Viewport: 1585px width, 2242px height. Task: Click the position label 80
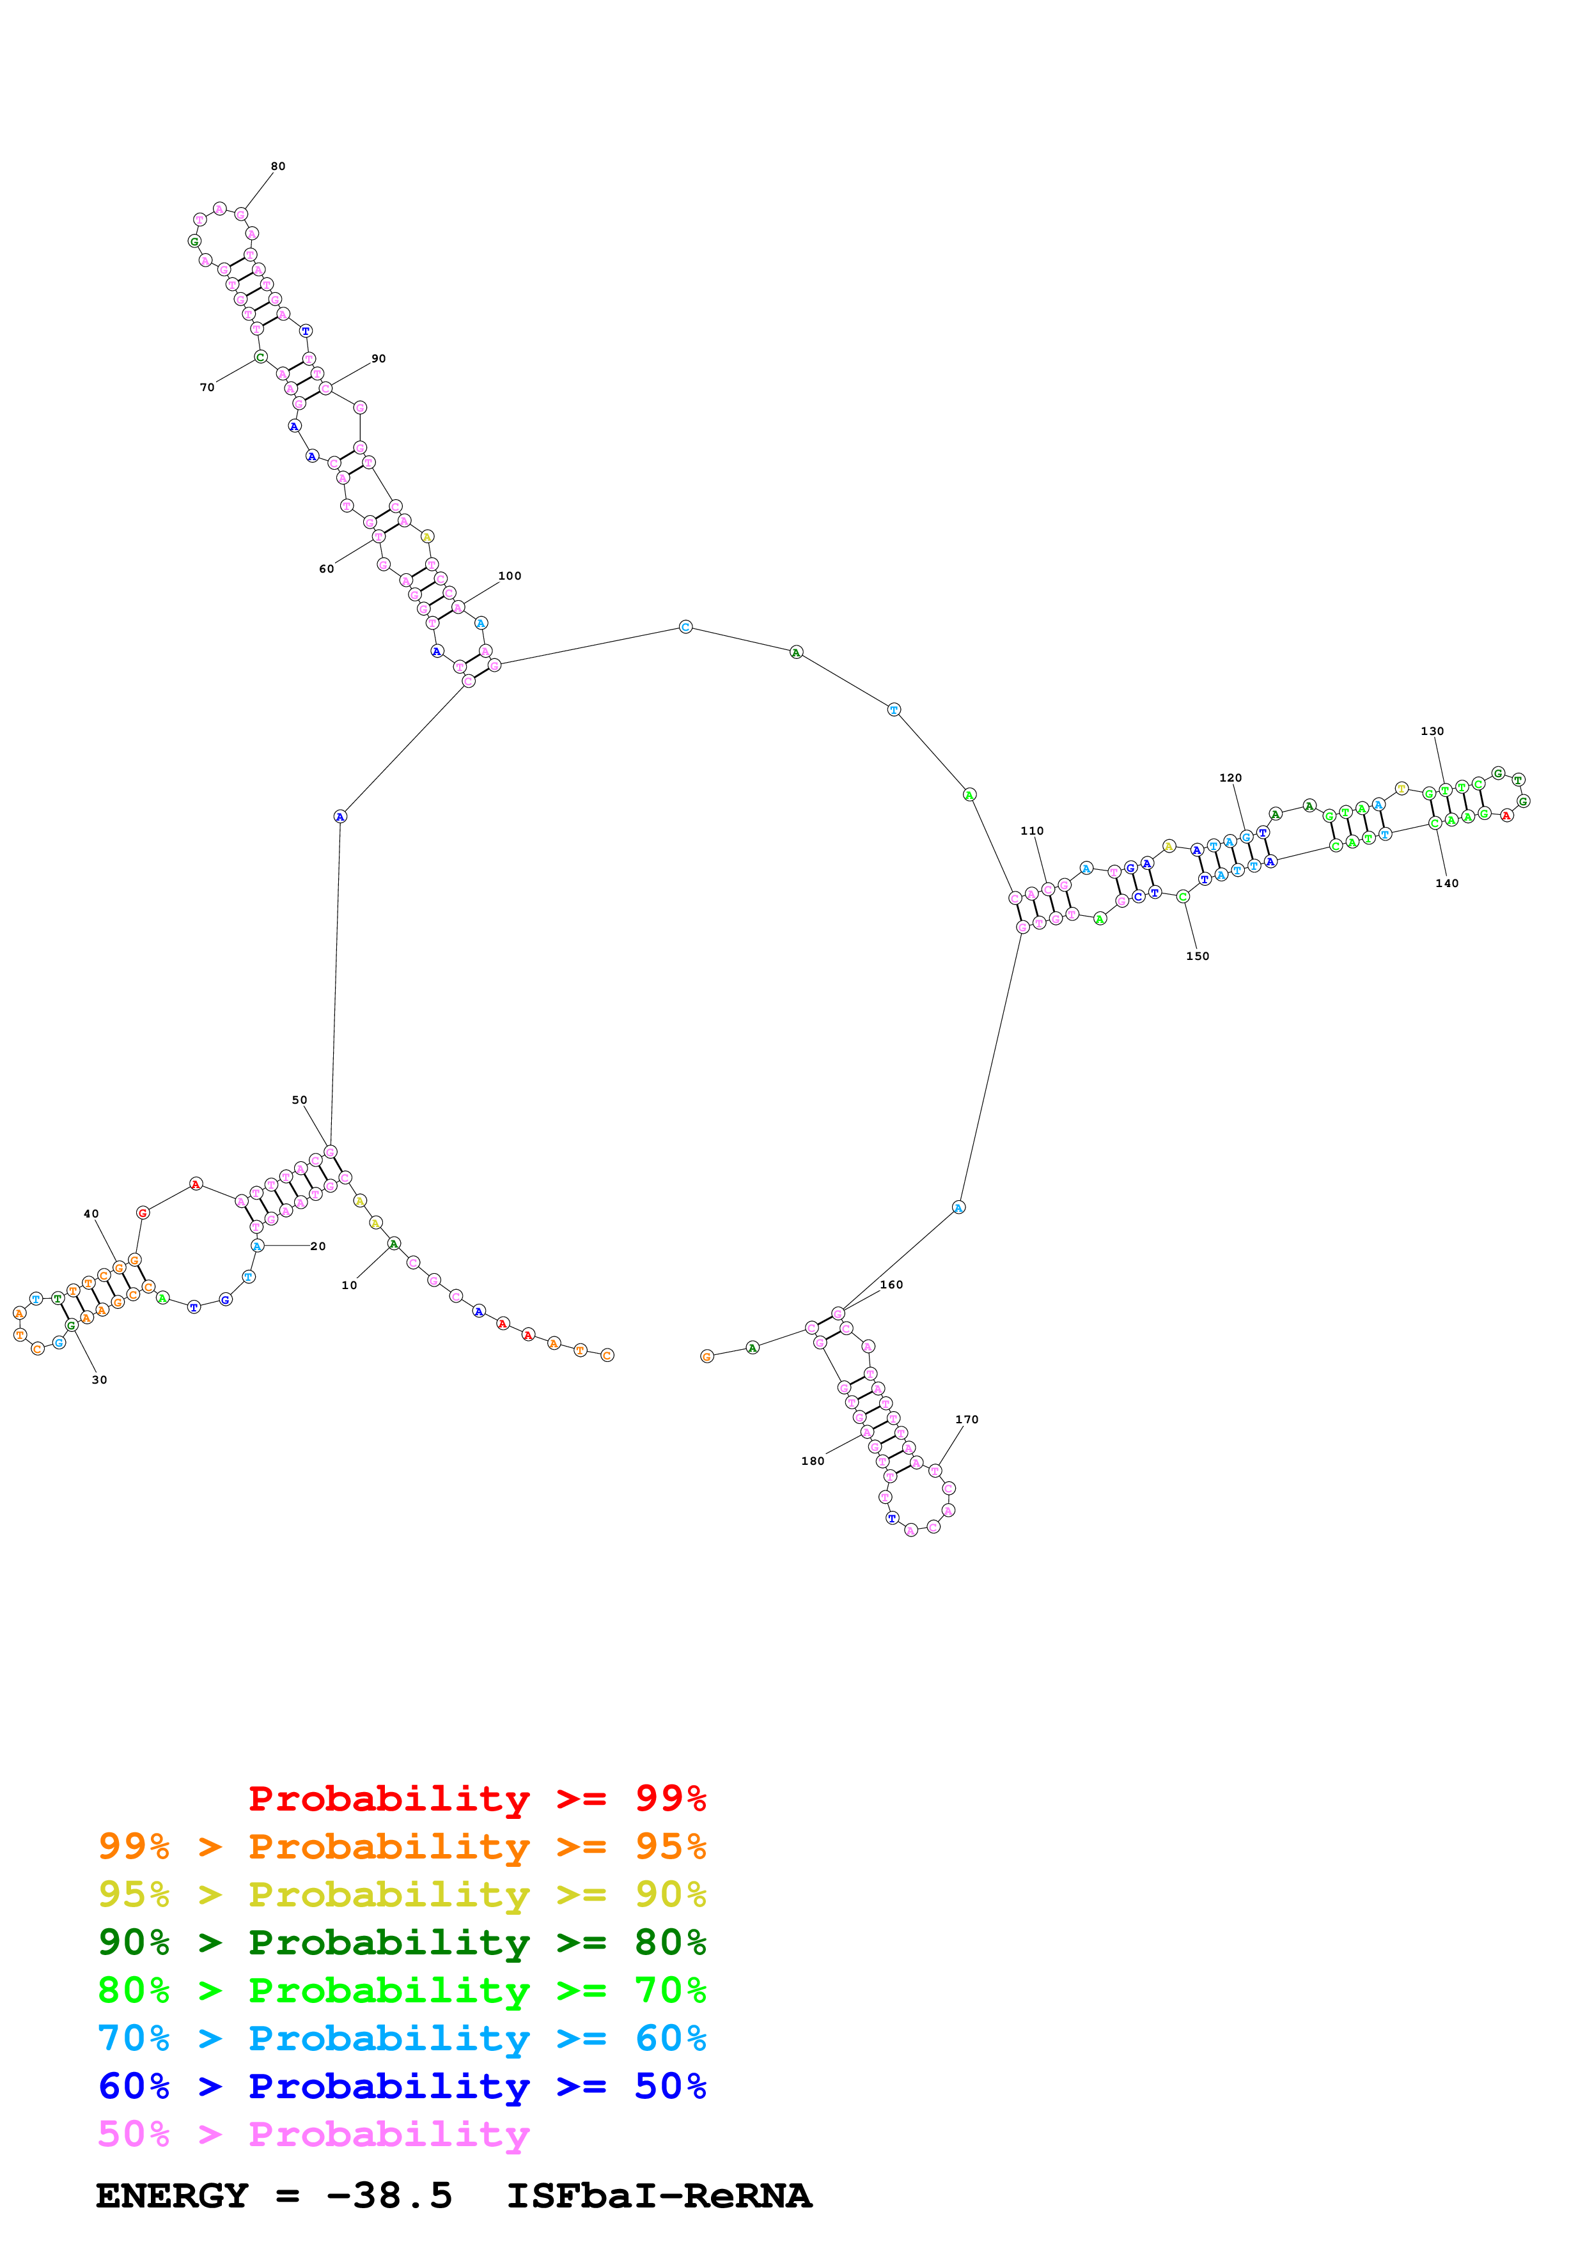278,166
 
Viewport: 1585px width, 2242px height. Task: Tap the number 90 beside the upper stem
379,359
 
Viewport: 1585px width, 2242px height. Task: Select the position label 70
207,388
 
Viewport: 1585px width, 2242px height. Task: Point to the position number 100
510,576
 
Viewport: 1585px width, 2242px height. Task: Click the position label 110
1032,831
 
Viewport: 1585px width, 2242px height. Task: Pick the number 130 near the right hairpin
1433,731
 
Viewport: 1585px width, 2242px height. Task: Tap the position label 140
1448,884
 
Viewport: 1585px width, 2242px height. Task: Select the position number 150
1198,957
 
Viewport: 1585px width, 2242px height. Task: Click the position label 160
892,1285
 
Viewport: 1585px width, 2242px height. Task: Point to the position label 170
967,1420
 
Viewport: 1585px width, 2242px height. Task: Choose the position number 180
813,1461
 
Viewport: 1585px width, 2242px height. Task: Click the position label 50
300,1101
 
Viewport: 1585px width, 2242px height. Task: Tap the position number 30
100,1380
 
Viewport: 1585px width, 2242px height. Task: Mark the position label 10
350,1286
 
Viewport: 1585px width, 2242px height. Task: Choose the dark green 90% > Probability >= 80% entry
402,1942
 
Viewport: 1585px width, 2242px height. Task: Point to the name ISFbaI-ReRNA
659,2196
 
